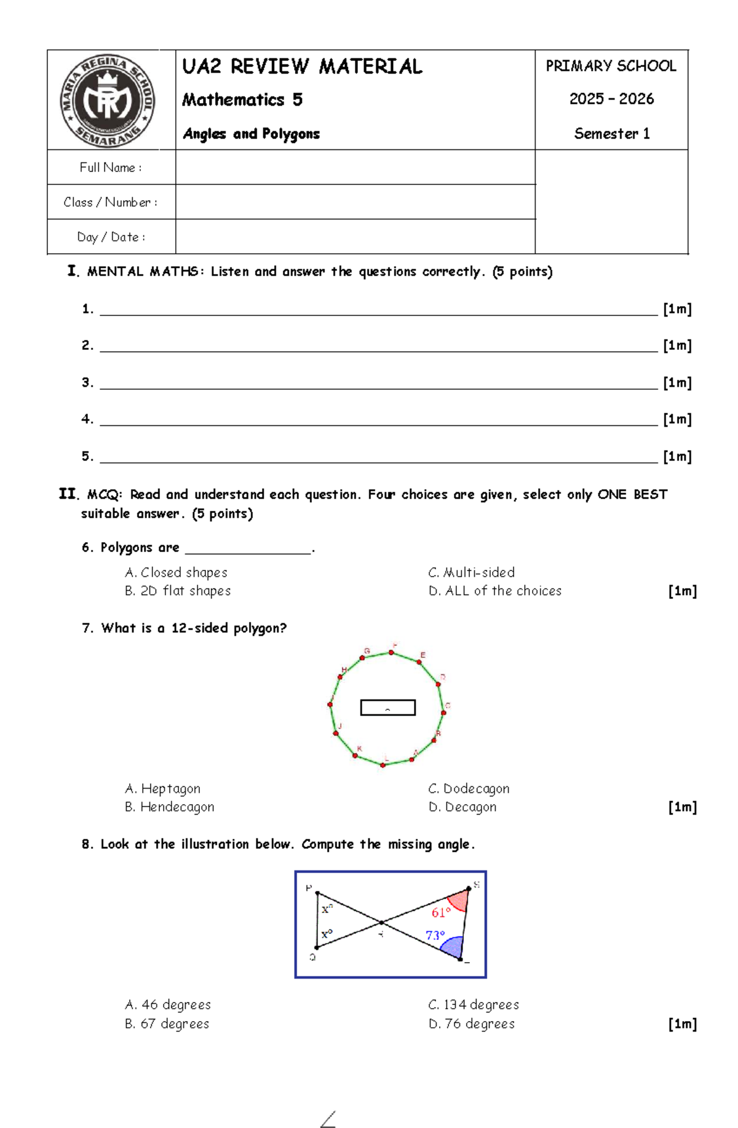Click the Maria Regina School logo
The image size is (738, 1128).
pyautogui.click(x=108, y=100)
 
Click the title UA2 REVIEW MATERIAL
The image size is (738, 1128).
pyautogui.click(x=302, y=66)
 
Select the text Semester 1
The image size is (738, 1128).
pyautogui.click(x=611, y=133)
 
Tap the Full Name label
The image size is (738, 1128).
pyautogui.click(x=111, y=167)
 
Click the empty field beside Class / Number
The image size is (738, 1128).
pyautogui.click(x=355, y=202)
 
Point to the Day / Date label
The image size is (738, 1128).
pyautogui.click(x=111, y=237)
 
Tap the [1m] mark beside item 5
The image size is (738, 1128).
pyautogui.click(x=677, y=456)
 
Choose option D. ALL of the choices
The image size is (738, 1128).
pyautogui.click(x=495, y=591)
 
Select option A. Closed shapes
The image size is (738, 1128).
pyautogui.click(x=176, y=572)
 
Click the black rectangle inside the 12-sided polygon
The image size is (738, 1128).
pyautogui.click(x=387, y=708)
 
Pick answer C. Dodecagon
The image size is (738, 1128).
pyautogui.click(x=469, y=788)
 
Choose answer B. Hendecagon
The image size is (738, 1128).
pyautogui.click(x=170, y=807)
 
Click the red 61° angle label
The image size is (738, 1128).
pyautogui.click(x=441, y=912)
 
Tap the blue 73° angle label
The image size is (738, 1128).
pyautogui.click(x=435, y=935)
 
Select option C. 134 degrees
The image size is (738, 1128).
pyautogui.click(x=474, y=1004)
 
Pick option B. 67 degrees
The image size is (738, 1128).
pyautogui.click(x=167, y=1023)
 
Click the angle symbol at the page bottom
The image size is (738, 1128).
pyautogui.click(x=328, y=1119)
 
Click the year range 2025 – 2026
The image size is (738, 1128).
pyautogui.click(x=611, y=99)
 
